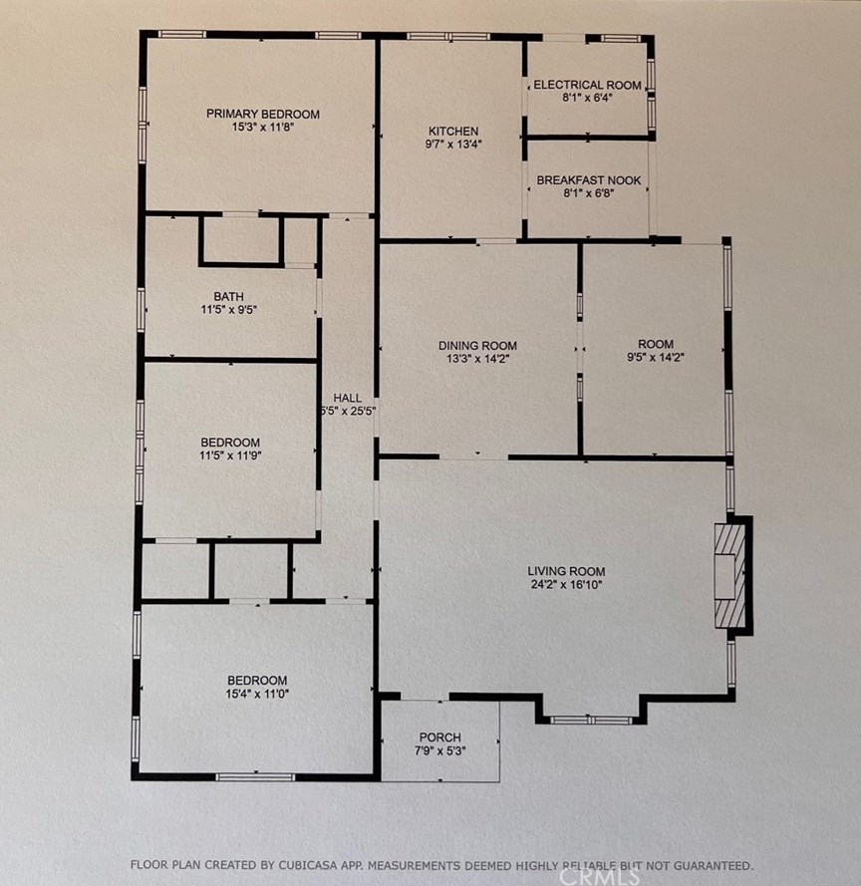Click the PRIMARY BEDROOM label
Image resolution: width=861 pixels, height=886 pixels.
[x=263, y=115]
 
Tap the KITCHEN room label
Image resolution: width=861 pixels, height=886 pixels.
[x=453, y=132]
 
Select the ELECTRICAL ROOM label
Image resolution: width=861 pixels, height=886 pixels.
[x=588, y=85]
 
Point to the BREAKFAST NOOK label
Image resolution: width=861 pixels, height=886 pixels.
[x=589, y=180]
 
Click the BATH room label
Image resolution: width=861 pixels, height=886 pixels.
[x=229, y=297]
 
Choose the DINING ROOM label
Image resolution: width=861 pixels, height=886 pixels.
[x=477, y=345]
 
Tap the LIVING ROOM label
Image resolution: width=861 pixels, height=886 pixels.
[x=566, y=571]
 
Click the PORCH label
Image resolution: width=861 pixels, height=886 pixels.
[x=440, y=738]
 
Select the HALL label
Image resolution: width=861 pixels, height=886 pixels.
[x=347, y=398]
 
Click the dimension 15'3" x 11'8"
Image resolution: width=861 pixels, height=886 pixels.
[x=263, y=128]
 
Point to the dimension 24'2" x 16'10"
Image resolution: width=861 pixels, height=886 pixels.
[x=566, y=584]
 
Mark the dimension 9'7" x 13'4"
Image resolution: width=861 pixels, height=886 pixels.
[x=453, y=145]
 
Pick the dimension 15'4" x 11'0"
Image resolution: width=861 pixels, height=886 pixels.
[x=257, y=694]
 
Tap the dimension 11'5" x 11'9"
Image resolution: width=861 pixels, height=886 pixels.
[x=230, y=455]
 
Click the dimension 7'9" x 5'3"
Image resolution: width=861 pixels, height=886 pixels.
[x=440, y=750]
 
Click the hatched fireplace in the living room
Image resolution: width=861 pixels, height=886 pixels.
[x=729, y=576]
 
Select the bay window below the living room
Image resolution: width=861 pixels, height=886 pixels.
[x=591, y=720]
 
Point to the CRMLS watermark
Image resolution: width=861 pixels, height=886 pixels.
[x=599, y=876]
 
